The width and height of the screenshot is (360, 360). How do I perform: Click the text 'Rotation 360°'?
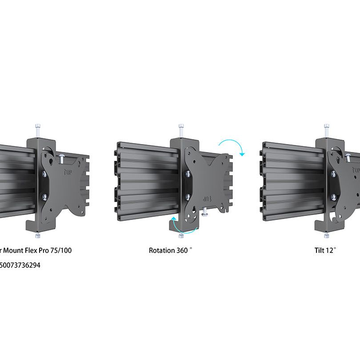170,250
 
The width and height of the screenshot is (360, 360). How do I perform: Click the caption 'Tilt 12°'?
325,250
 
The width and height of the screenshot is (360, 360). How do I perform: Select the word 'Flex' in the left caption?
29,250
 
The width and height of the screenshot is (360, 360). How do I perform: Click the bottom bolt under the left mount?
39,234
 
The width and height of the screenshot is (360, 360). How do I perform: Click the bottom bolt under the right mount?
327,234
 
